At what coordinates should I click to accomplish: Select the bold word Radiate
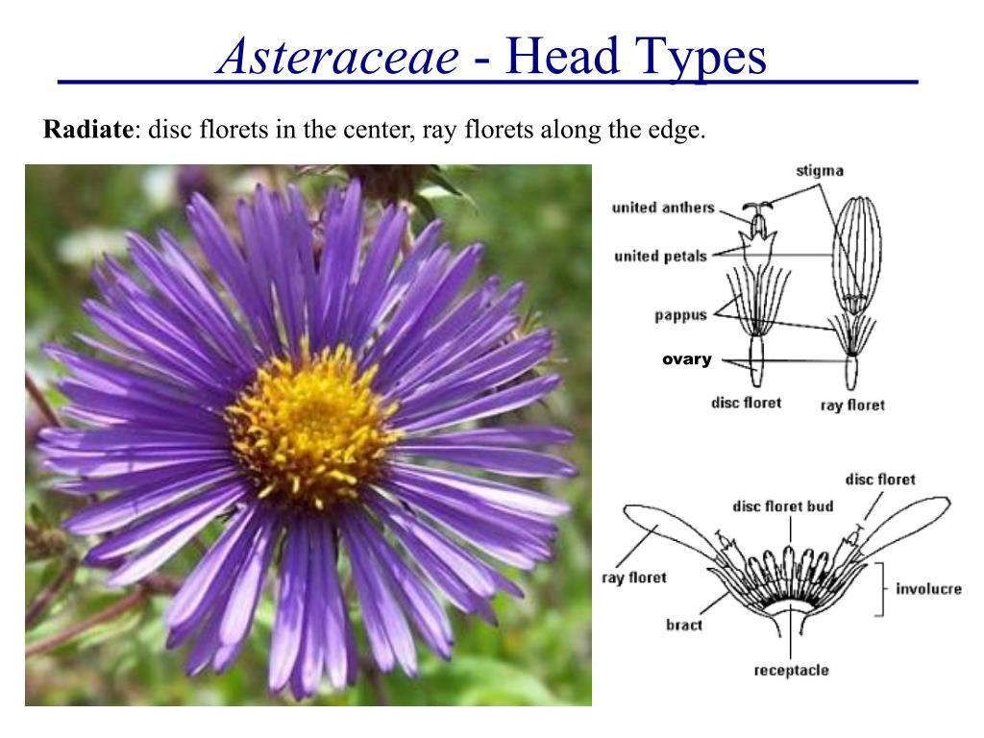(87, 130)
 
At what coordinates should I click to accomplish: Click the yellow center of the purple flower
(312, 424)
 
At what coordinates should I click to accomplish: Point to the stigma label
(820, 171)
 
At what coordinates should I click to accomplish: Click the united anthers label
(663, 208)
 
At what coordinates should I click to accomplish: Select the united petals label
(661, 256)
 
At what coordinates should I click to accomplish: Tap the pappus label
(681, 315)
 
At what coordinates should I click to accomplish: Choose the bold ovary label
(686, 359)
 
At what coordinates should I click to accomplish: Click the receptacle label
(792, 671)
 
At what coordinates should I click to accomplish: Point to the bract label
(684, 625)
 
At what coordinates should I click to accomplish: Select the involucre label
(929, 589)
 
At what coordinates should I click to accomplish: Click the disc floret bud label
(783, 506)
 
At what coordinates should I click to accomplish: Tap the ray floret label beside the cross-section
(634, 578)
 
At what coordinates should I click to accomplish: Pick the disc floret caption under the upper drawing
(746, 403)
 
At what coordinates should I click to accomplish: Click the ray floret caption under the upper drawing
(853, 406)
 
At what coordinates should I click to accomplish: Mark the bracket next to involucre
(882, 589)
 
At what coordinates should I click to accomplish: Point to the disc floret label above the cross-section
(880, 480)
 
